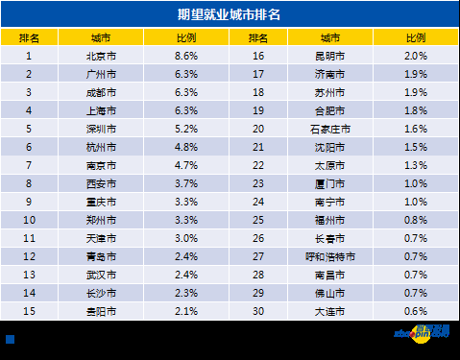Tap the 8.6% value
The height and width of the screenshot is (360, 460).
[186, 56]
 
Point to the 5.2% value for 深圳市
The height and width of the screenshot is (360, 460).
[186, 129]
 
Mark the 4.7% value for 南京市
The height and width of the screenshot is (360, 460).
[186, 165]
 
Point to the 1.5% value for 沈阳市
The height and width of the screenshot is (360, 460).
[415, 147]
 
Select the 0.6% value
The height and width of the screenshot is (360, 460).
[415, 311]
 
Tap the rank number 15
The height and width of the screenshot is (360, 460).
[29, 311]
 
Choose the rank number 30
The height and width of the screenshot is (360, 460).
[257, 311]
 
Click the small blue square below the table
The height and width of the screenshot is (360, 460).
[11, 339]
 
